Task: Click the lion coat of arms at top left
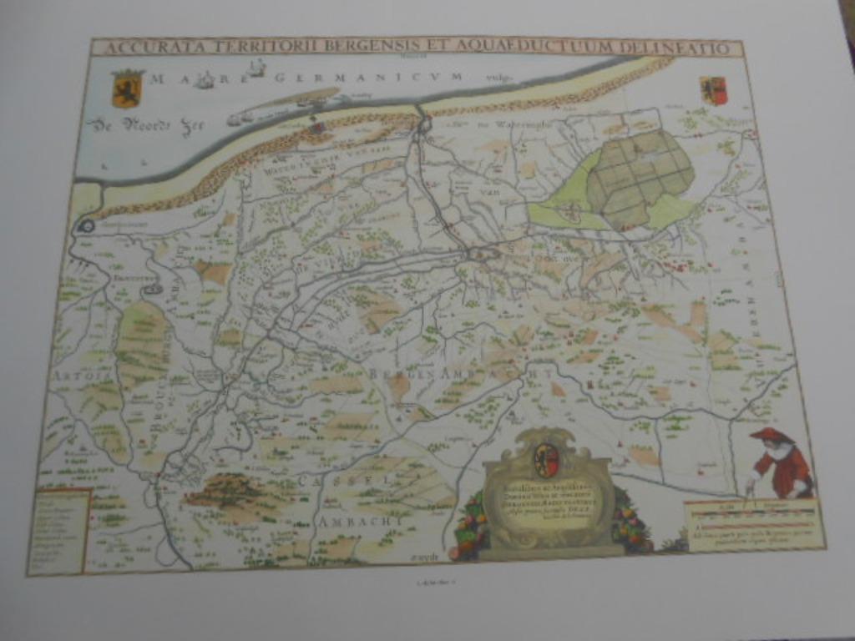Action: tap(127, 88)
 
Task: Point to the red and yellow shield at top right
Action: tap(714, 90)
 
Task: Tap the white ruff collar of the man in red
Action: tap(779, 451)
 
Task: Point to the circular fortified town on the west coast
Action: tap(86, 225)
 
